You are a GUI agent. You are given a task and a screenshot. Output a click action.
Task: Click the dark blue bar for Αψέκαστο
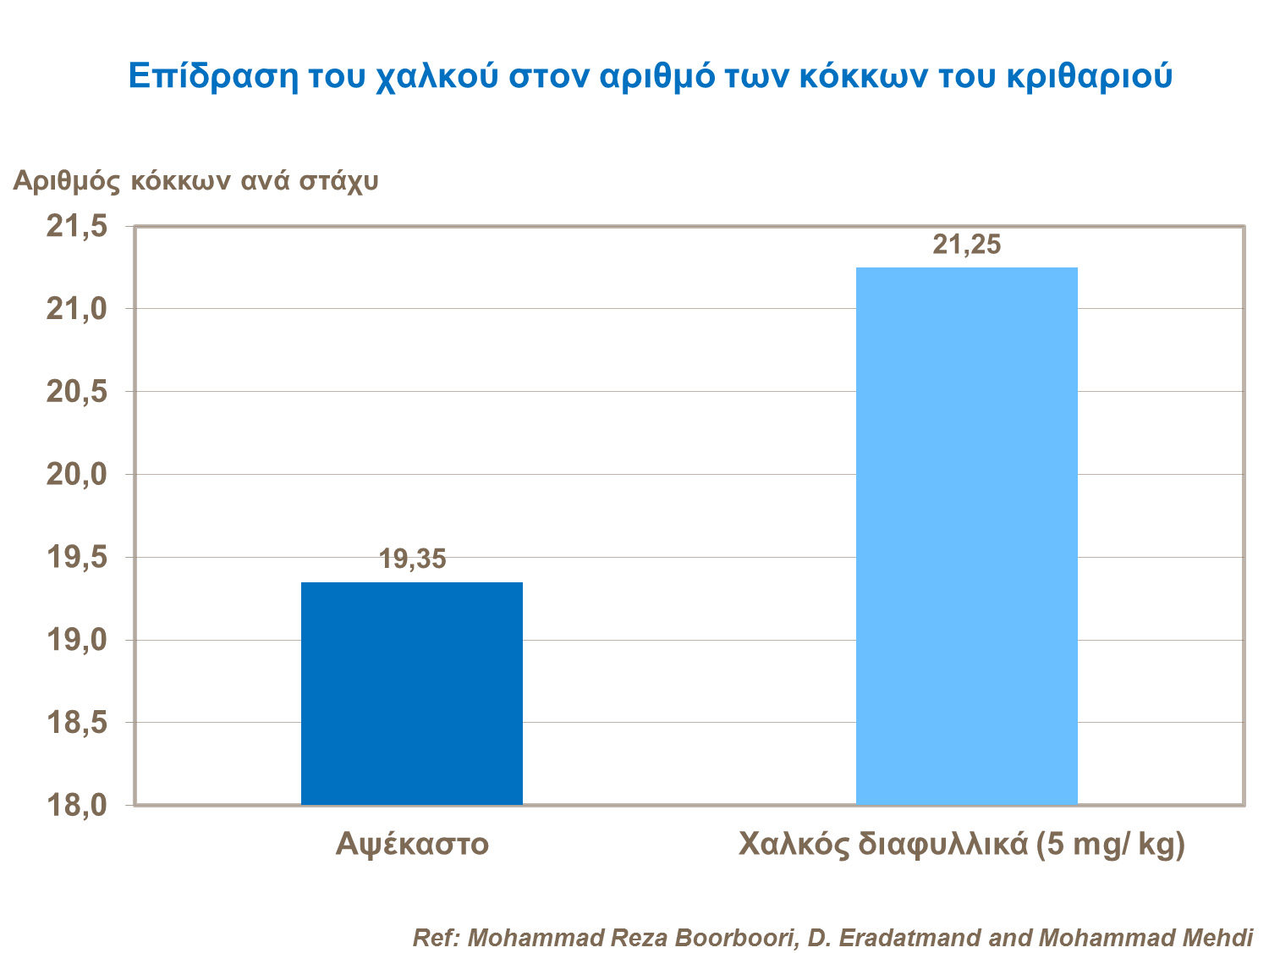tap(411, 693)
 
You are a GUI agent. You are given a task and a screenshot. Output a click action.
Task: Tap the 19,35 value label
tap(412, 559)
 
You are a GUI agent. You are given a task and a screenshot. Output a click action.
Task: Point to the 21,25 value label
tap(966, 245)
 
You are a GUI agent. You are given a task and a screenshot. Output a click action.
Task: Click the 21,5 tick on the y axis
tap(77, 227)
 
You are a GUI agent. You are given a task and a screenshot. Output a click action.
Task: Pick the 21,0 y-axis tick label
tap(77, 310)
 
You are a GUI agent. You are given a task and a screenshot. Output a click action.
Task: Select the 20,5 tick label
tap(77, 392)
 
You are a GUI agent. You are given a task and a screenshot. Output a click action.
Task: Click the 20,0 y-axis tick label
tap(77, 475)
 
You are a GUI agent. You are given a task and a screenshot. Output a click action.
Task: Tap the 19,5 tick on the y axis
tap(77, 558)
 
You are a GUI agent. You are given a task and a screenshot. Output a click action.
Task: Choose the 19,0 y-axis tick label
tap(77, 640)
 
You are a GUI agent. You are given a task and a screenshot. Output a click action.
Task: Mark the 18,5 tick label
tap(77, 723)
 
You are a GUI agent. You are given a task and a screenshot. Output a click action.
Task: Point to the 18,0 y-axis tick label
tap(77, 805)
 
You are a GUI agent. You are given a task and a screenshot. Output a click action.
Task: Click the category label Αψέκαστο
tap(412, 845)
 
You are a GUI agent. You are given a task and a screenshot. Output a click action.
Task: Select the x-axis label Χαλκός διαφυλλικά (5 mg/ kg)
tap(962, 845)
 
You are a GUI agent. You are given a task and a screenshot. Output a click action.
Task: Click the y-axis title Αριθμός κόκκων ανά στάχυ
tap(195, 181)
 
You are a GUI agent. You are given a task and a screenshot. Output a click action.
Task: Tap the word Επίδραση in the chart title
tap(213, 76)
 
